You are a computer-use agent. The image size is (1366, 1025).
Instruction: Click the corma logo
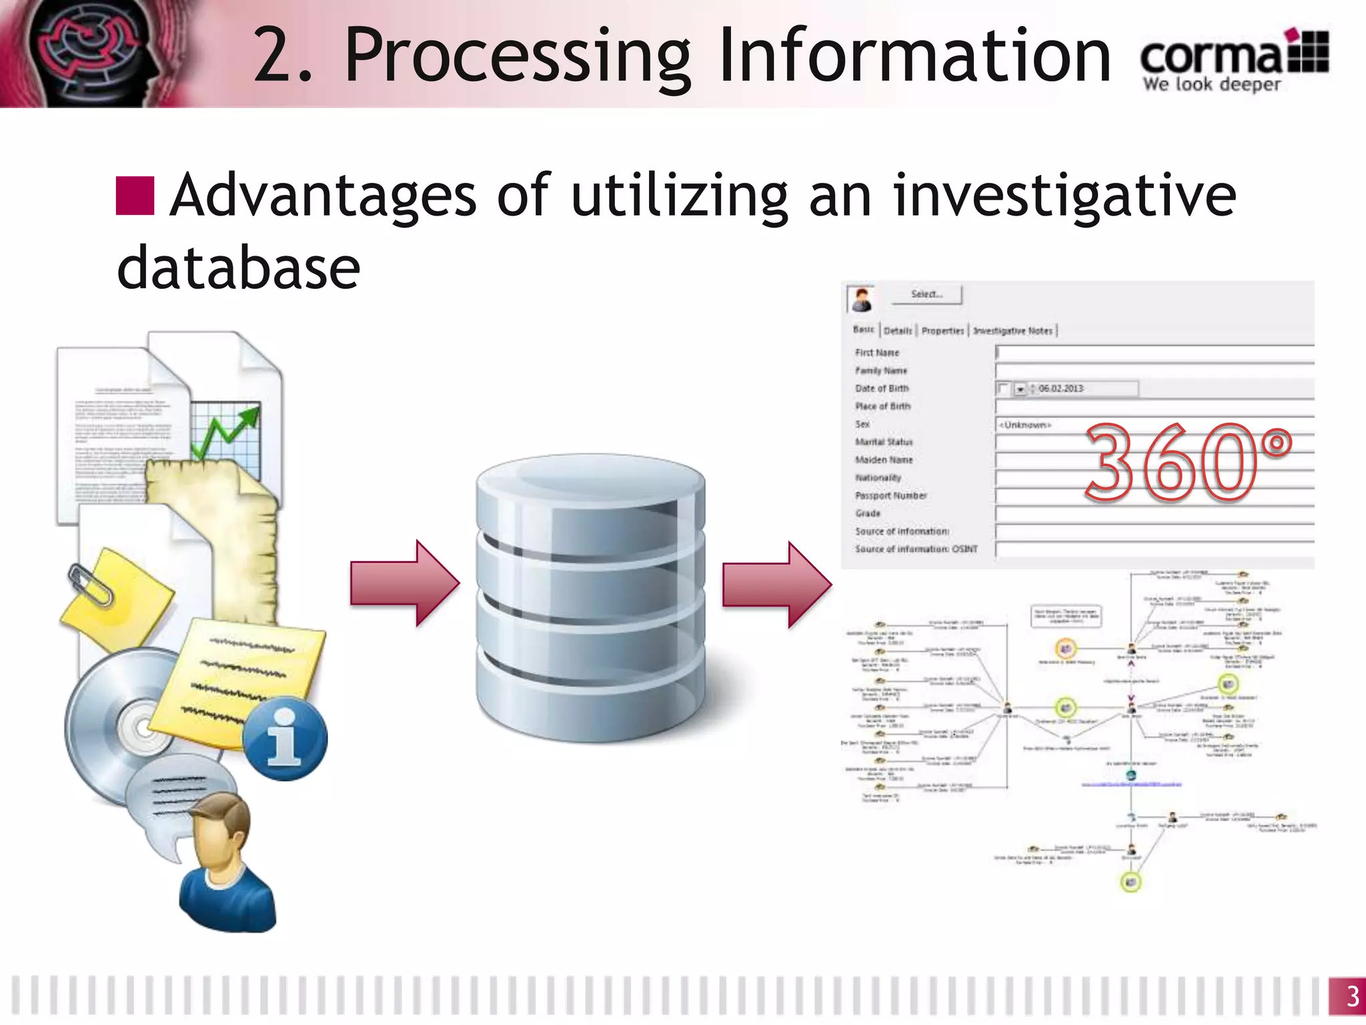click(x=1234, y=60)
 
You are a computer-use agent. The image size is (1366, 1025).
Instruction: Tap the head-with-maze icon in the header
click(x=93, y=53)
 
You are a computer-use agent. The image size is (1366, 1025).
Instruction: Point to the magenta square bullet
click(x=135, y=196)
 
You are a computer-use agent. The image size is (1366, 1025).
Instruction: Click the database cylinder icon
click(x=590, y=597)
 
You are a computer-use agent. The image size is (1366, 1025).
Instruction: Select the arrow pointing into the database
click(x=404, y=583)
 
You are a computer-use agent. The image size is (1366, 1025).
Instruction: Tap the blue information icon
click(x=285, y=739)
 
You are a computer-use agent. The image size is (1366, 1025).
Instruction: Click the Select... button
click(x=926, y=294)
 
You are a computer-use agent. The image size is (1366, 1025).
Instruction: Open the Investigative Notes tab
click(x=1012, y=330)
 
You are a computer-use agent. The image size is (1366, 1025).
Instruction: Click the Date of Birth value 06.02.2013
click(x=1061, y=388)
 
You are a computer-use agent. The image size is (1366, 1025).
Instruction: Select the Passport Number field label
click(x=891, y=496)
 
